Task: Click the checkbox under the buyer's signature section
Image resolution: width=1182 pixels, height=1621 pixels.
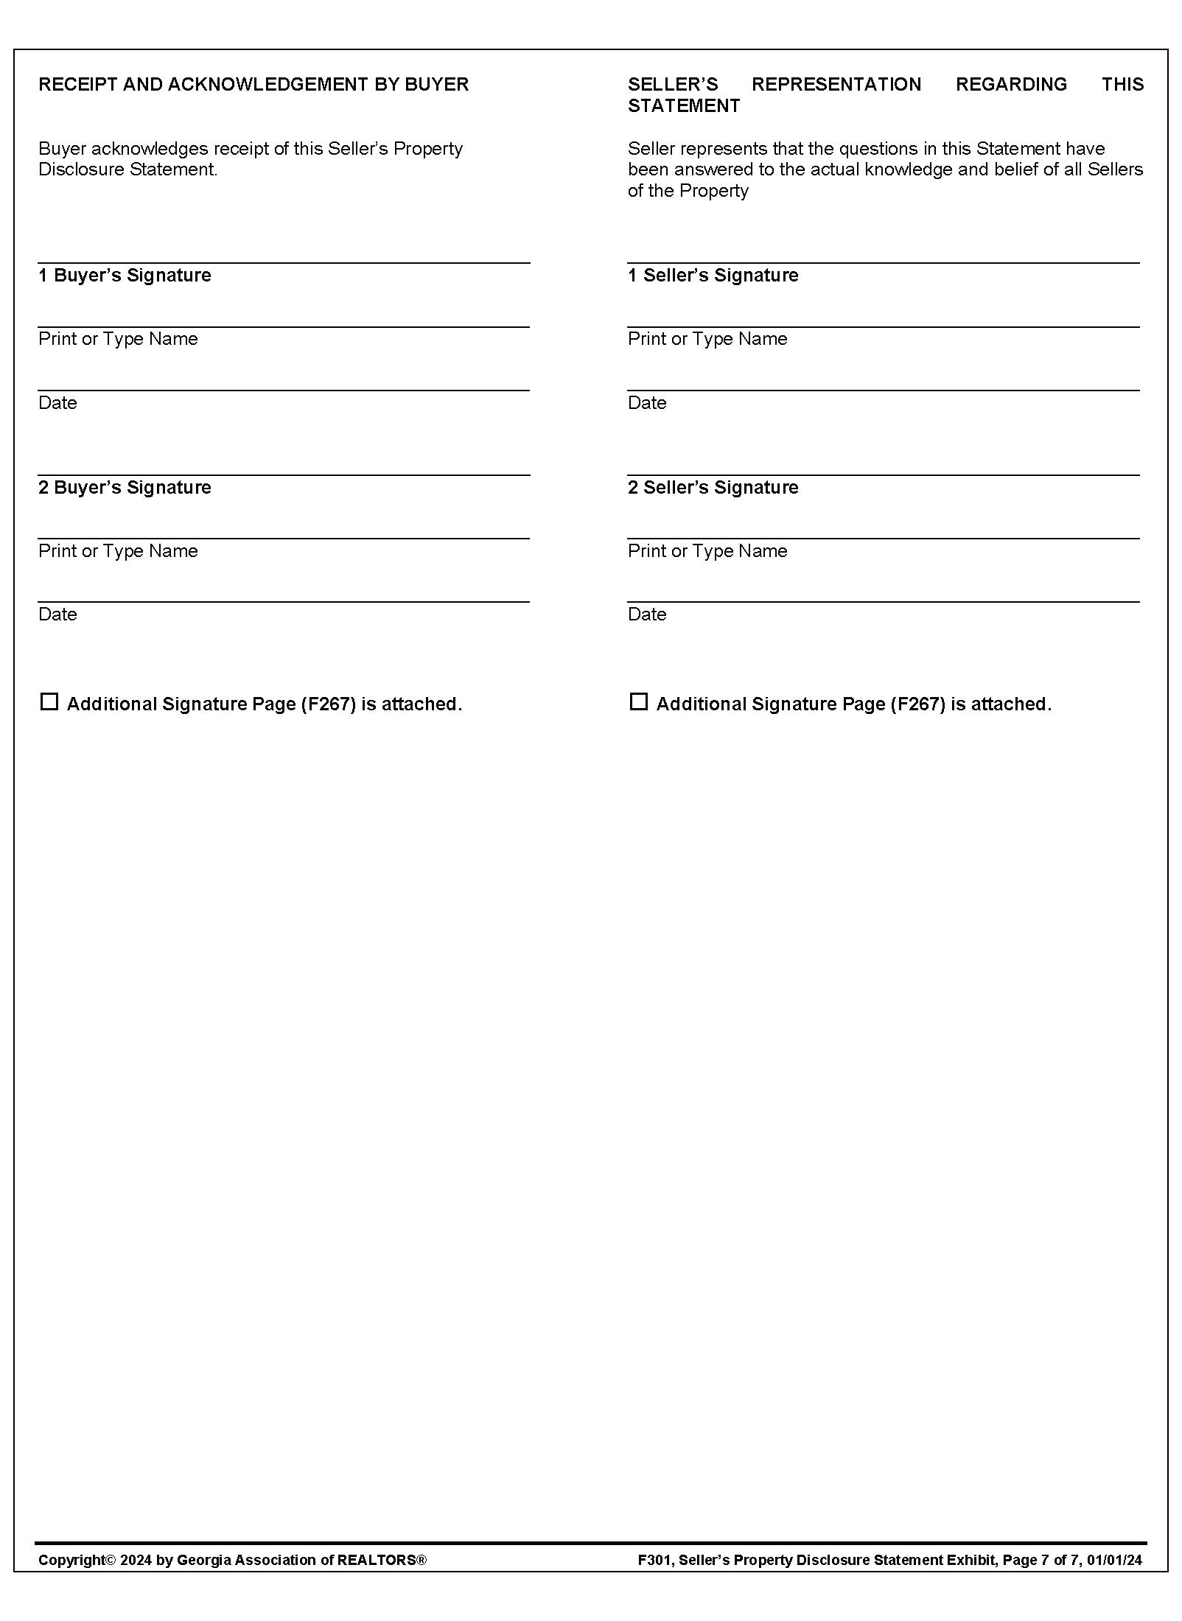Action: coord(49,701)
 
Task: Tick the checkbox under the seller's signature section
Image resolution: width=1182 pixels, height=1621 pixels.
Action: coord(638,701)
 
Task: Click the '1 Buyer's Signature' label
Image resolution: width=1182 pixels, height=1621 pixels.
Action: coord(125,276)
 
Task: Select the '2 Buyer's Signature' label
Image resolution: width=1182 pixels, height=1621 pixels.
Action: coord(125,488)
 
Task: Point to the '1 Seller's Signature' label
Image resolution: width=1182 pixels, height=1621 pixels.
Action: coord(713,276)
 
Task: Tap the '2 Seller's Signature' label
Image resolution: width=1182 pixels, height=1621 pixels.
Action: coord(713,488)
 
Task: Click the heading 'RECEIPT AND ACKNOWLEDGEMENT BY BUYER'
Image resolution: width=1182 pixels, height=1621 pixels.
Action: coord(253,85)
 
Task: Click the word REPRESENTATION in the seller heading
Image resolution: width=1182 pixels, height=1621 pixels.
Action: coord(836,85)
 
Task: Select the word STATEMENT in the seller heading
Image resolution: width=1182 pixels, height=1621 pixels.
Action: coord(683,106)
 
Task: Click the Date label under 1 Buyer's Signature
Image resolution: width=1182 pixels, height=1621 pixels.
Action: coord(57,403)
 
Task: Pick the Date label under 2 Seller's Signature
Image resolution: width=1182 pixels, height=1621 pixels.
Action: coord(646,615)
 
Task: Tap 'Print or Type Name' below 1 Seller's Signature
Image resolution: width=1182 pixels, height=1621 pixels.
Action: coord(707,339)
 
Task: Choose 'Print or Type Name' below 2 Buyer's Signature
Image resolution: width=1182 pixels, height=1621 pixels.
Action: coord(118,551)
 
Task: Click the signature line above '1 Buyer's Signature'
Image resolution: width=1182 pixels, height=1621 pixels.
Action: coord(284,262)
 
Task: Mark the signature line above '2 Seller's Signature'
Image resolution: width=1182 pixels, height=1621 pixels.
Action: coord(883,474)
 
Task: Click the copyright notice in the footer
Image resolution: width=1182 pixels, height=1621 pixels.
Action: coord(232,1560)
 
